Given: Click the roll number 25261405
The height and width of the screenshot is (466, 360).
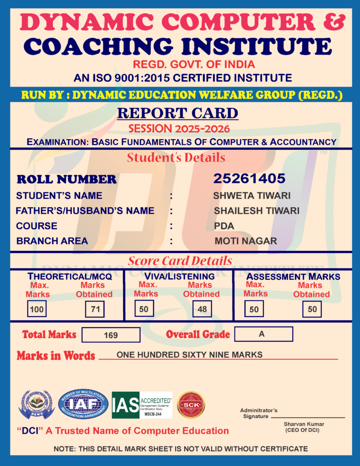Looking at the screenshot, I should pyautogui.click(x=249, y=178).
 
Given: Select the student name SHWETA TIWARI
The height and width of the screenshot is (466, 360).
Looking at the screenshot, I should pyautogui.click(x=252, y=196).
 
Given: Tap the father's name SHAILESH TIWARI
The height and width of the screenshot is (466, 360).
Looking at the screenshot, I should pyautogui.click(x=256, y=211).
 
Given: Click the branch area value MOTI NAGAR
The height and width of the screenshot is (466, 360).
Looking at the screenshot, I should pyautogui.click(x=245, y=241).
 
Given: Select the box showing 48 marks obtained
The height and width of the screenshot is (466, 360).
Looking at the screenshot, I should pyautogui.click(x=202, y=309).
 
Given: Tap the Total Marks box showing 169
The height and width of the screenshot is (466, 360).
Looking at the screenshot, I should pyautogui.click(x=111, y=335).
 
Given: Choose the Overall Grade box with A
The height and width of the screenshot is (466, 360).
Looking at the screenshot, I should pyautogui.click(x=263, y=334).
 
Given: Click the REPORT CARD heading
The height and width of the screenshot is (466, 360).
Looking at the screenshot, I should pyautogui.click(x=177, y=113).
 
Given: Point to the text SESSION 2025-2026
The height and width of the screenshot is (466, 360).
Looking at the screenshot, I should pyautogui.click(x=179, y=128).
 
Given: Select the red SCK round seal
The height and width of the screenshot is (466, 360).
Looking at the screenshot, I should pyautogui.click(x=191, y=405).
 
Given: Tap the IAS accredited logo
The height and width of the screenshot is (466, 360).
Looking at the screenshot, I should pyautogui.click(x=142, y=405).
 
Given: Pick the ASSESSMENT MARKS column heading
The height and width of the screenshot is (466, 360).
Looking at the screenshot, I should pyautogui.click(x=293, y=276).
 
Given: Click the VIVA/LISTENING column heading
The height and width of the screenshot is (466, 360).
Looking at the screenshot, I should pyautogui.click(x=179, y=276).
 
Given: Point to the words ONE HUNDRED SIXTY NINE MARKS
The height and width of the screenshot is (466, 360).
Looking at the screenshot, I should pyautogui.click(x=189, y=355).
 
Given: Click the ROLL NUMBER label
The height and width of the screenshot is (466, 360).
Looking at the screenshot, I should pyautogui.click(x=66, y=179).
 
